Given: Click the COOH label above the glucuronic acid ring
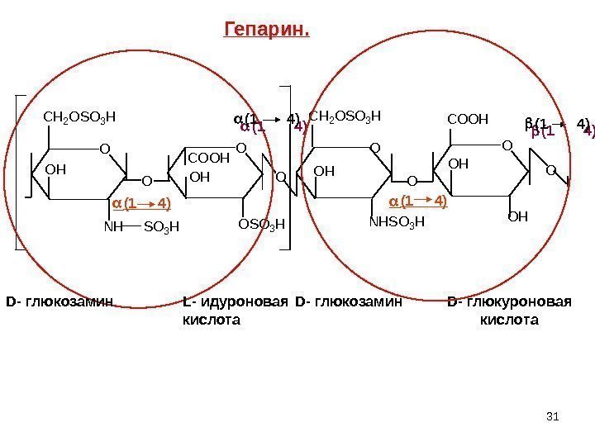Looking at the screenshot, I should coord(468,118).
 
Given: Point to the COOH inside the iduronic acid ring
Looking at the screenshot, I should coord(209,157).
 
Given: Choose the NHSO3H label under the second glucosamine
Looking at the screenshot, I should coord(397,221).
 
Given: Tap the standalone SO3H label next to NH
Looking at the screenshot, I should coord(161,226).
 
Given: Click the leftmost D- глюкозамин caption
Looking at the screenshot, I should coord(59,301).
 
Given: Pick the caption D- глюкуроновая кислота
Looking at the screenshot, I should coord(509,310).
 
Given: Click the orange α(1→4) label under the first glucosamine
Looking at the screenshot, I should coord(141,202).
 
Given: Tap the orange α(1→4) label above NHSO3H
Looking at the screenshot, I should coord(418,201).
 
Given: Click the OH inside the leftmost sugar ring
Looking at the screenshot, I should coord(55,169).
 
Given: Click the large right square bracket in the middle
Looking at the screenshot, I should coord(288,165).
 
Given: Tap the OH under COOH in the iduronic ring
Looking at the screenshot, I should coord(200,177).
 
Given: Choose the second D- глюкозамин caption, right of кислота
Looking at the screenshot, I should coord(348,301).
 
